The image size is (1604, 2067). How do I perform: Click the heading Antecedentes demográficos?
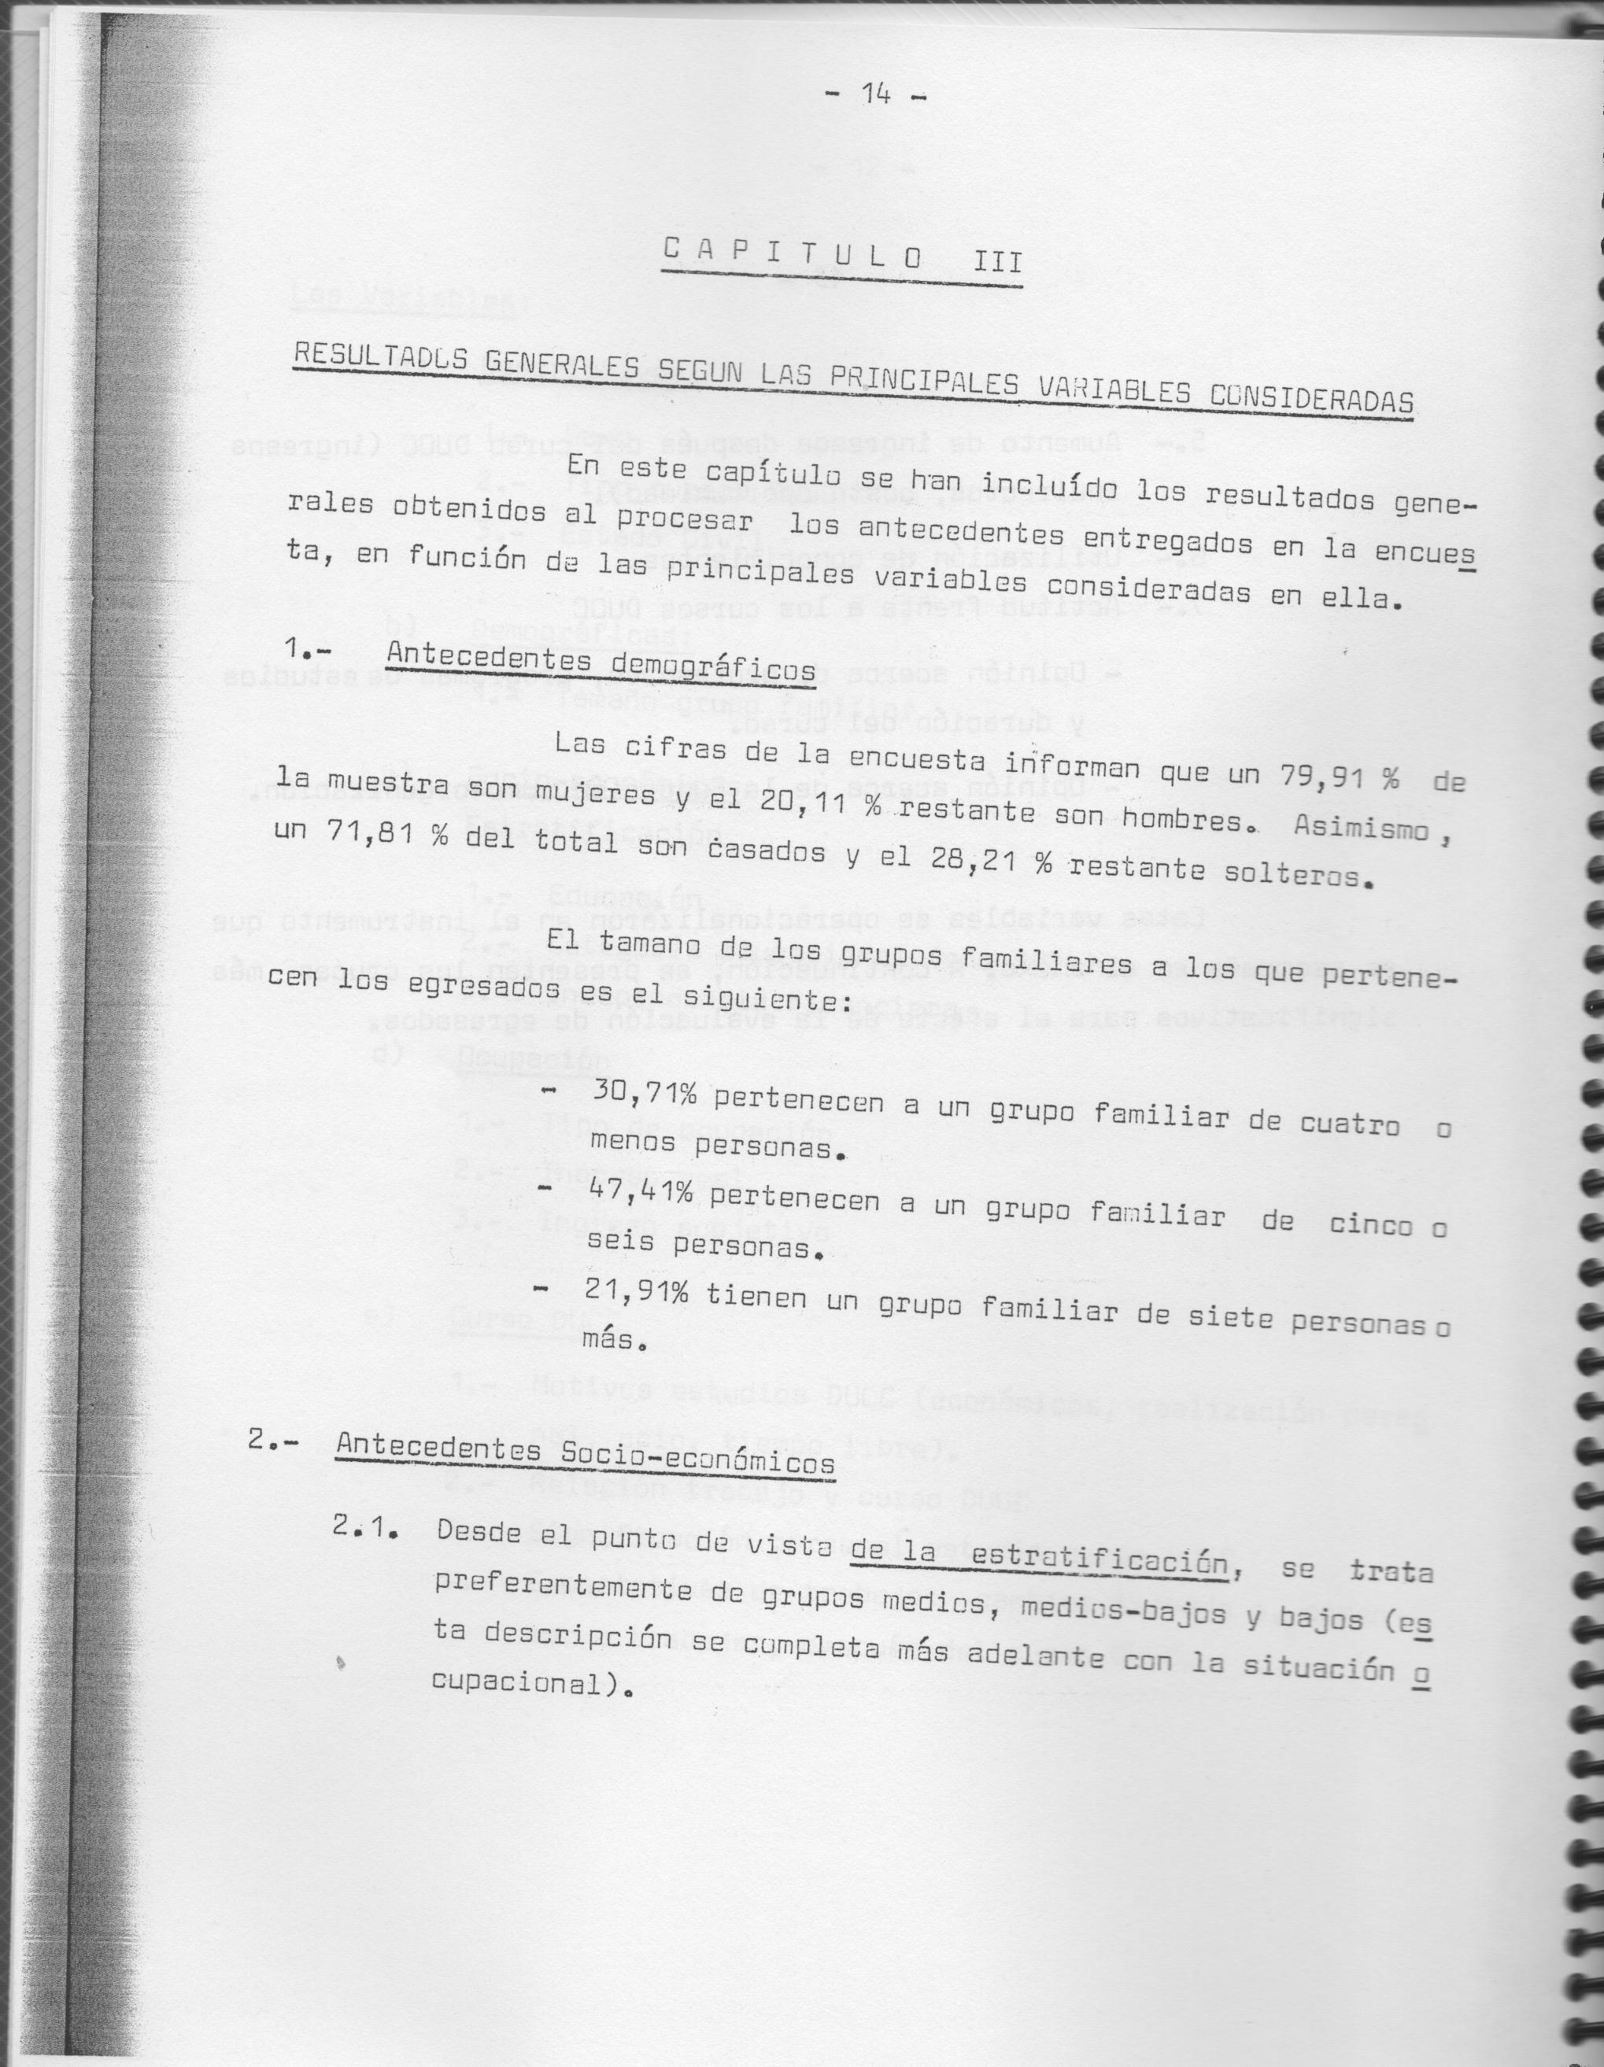601,662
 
